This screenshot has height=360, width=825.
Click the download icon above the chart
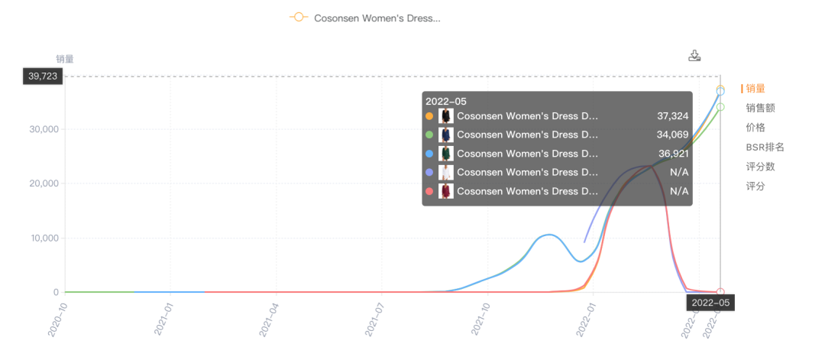pos(694,56)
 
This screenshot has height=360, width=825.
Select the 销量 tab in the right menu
pos(755,89)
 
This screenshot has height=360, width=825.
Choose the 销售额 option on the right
pos(760,108)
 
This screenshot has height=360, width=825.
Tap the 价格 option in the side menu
pos(755,128)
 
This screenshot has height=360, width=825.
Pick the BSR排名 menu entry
pos(765,147)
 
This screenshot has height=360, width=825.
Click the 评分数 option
pos(760,167)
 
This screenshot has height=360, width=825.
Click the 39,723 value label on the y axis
pos(43,76)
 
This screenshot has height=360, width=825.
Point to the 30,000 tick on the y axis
pos(44,129)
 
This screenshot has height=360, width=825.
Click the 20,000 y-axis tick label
pos(44,183)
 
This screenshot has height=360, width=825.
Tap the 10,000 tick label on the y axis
pos(44,238)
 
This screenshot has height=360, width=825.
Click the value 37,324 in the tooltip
pos(672,116)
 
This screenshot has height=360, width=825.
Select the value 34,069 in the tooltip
pos(672,135)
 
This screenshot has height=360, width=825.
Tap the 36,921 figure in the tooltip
pos(672,154)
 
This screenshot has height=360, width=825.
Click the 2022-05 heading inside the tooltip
pos(446,102)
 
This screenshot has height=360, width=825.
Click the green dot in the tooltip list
pos(429,135)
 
